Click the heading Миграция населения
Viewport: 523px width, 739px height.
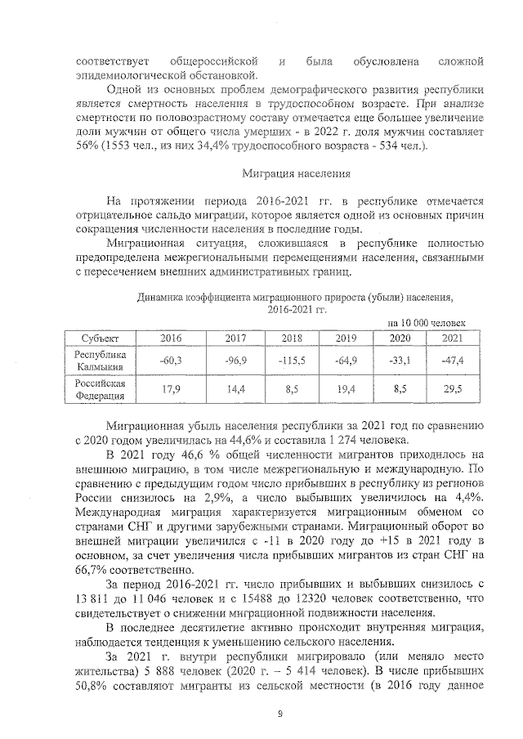[297, 173]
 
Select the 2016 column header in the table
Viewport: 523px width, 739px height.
[171, 338]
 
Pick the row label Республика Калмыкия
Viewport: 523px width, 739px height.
[101, 361]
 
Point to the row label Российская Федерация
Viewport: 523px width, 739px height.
[101, 389]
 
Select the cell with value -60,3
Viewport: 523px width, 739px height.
[171, 361]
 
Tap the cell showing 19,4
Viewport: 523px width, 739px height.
[346, 390]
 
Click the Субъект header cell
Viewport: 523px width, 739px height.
[101, 338]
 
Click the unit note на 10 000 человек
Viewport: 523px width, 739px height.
[425, 323]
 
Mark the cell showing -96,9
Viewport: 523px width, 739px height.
[237, 361]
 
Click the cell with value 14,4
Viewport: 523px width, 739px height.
[237, 390]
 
